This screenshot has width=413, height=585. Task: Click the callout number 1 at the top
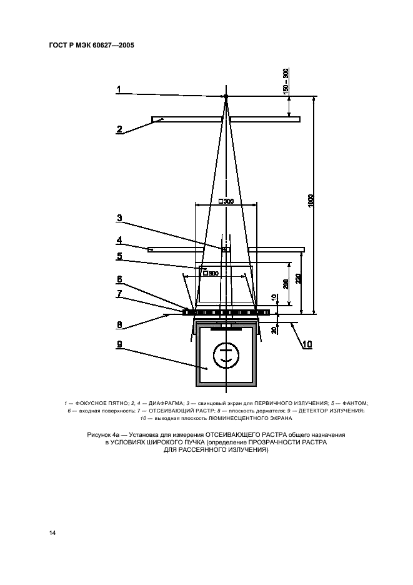117,89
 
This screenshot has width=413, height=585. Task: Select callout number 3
118,218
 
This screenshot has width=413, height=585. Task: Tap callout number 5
118,256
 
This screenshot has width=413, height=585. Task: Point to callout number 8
118,324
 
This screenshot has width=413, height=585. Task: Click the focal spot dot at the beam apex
226,96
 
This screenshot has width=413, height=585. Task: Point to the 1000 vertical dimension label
311,202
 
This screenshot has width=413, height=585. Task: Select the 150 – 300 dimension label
286,81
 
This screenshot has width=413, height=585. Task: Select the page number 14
52,532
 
